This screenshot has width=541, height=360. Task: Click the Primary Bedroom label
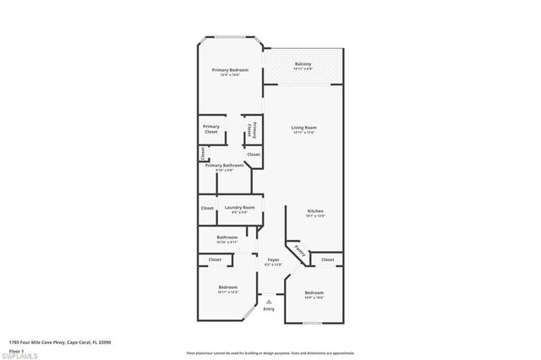[x=225, y=70]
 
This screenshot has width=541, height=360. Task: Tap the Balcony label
[x=303, y=64]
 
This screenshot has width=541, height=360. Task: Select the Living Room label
[x=303, y=128]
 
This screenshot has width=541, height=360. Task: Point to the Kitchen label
[x=315, y=211]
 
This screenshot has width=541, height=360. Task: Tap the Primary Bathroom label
[x=224, y=166]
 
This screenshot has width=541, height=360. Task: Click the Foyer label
[x=273, y=260]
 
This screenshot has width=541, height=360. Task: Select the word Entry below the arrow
[x=269, y=309]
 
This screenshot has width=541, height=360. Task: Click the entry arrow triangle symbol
[x=269, y=300]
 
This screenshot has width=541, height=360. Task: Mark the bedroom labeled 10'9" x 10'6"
[x=314, y=293]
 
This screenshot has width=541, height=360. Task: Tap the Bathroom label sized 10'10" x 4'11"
[x=227, y=237]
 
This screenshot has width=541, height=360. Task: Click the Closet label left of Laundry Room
[x=207, y=208]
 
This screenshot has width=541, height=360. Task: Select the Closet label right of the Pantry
[x=327, y=259]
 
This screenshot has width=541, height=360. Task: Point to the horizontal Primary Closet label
[x=210, y=129]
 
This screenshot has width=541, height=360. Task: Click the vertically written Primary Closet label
[x=250, y=130]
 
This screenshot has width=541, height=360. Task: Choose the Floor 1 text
[x=17, y=350]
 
